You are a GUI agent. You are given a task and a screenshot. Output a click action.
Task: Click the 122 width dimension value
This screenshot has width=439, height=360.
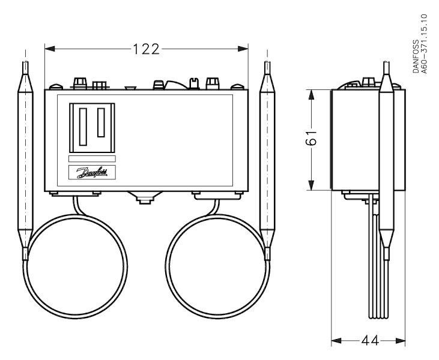click(146, 49)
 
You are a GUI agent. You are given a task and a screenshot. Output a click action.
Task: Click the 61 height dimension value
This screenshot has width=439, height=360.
click(311, 137)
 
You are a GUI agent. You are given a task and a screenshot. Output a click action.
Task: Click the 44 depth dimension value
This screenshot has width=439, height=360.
click(370, 341)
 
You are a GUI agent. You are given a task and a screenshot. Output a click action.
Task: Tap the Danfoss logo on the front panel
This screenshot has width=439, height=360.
click(92, 172)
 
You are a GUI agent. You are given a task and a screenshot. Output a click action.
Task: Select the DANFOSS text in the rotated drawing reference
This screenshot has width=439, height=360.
click(416, 56)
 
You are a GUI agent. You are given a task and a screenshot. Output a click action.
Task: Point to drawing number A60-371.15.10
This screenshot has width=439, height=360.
click(425, 44)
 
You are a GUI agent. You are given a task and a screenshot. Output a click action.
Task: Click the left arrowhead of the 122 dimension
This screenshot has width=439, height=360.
click(50, 49)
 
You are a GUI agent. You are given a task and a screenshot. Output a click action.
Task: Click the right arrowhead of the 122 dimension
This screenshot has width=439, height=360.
click(243, 49)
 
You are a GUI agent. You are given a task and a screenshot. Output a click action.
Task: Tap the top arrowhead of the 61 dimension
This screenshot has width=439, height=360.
click(311, 95)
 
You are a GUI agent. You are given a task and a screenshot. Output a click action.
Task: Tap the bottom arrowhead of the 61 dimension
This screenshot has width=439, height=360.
click(311, 185)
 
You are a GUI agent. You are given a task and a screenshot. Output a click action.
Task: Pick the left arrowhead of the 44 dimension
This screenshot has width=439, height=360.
click(336, 341)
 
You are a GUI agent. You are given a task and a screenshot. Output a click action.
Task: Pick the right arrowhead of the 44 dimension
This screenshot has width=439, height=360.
click(401, 341)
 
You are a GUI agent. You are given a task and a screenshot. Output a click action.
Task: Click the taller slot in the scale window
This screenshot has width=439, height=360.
click(83, 127)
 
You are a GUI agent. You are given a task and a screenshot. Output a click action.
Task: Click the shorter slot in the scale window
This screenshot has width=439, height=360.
click(101, 122)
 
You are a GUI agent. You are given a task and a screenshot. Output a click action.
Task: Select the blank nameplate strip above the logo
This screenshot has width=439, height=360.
click(92, 158)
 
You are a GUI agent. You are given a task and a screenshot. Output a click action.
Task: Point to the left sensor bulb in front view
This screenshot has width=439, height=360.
click(25, 161)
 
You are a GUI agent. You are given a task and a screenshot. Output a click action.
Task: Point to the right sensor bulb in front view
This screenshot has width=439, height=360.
click(267, 161)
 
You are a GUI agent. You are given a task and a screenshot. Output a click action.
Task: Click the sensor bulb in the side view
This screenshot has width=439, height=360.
click(386, 161)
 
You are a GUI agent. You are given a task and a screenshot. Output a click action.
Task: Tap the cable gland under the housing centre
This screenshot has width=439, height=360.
click(145, 198)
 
